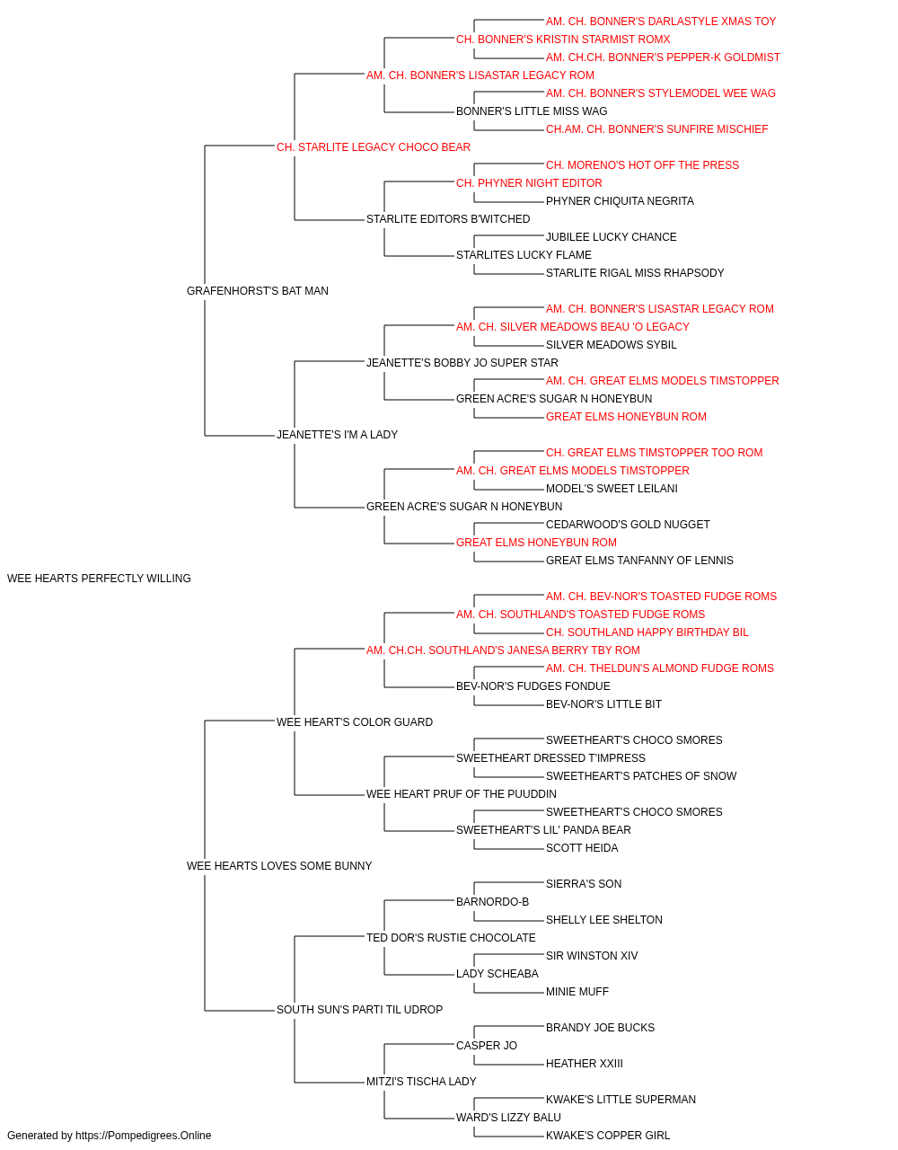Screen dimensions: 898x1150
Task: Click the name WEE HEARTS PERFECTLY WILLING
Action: coord(99,579)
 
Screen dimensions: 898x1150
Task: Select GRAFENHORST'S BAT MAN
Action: coord(258,291)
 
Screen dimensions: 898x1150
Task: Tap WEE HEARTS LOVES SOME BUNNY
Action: coord(279,866)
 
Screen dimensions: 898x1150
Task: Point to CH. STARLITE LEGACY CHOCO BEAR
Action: coord(374,147)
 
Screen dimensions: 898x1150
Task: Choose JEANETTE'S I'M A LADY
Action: coord(337,435)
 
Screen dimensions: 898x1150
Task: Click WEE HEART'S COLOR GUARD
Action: coord(355,722)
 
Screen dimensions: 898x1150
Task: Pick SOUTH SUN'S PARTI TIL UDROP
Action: coord(359,1010)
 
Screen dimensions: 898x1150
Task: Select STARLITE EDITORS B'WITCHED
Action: coord(448,219)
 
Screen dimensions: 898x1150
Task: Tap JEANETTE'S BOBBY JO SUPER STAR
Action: coord(462,363)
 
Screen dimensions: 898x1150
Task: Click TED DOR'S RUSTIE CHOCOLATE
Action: coord(451,938)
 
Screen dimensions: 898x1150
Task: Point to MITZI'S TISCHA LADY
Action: coord(421,1082)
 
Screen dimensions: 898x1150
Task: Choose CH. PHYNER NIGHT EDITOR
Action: coord(530,183)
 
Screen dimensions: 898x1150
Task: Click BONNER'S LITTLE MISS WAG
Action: coord(532,111)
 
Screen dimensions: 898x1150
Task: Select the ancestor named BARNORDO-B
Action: coord(492,902)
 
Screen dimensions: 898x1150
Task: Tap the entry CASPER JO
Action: coord(487,1046)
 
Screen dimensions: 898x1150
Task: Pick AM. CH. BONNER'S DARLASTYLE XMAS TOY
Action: coord(661,22)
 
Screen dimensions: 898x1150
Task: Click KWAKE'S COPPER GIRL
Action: coord(608,1136)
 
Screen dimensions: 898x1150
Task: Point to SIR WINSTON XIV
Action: coord(592,956)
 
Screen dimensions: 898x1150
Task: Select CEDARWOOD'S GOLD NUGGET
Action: coord(628,525)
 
